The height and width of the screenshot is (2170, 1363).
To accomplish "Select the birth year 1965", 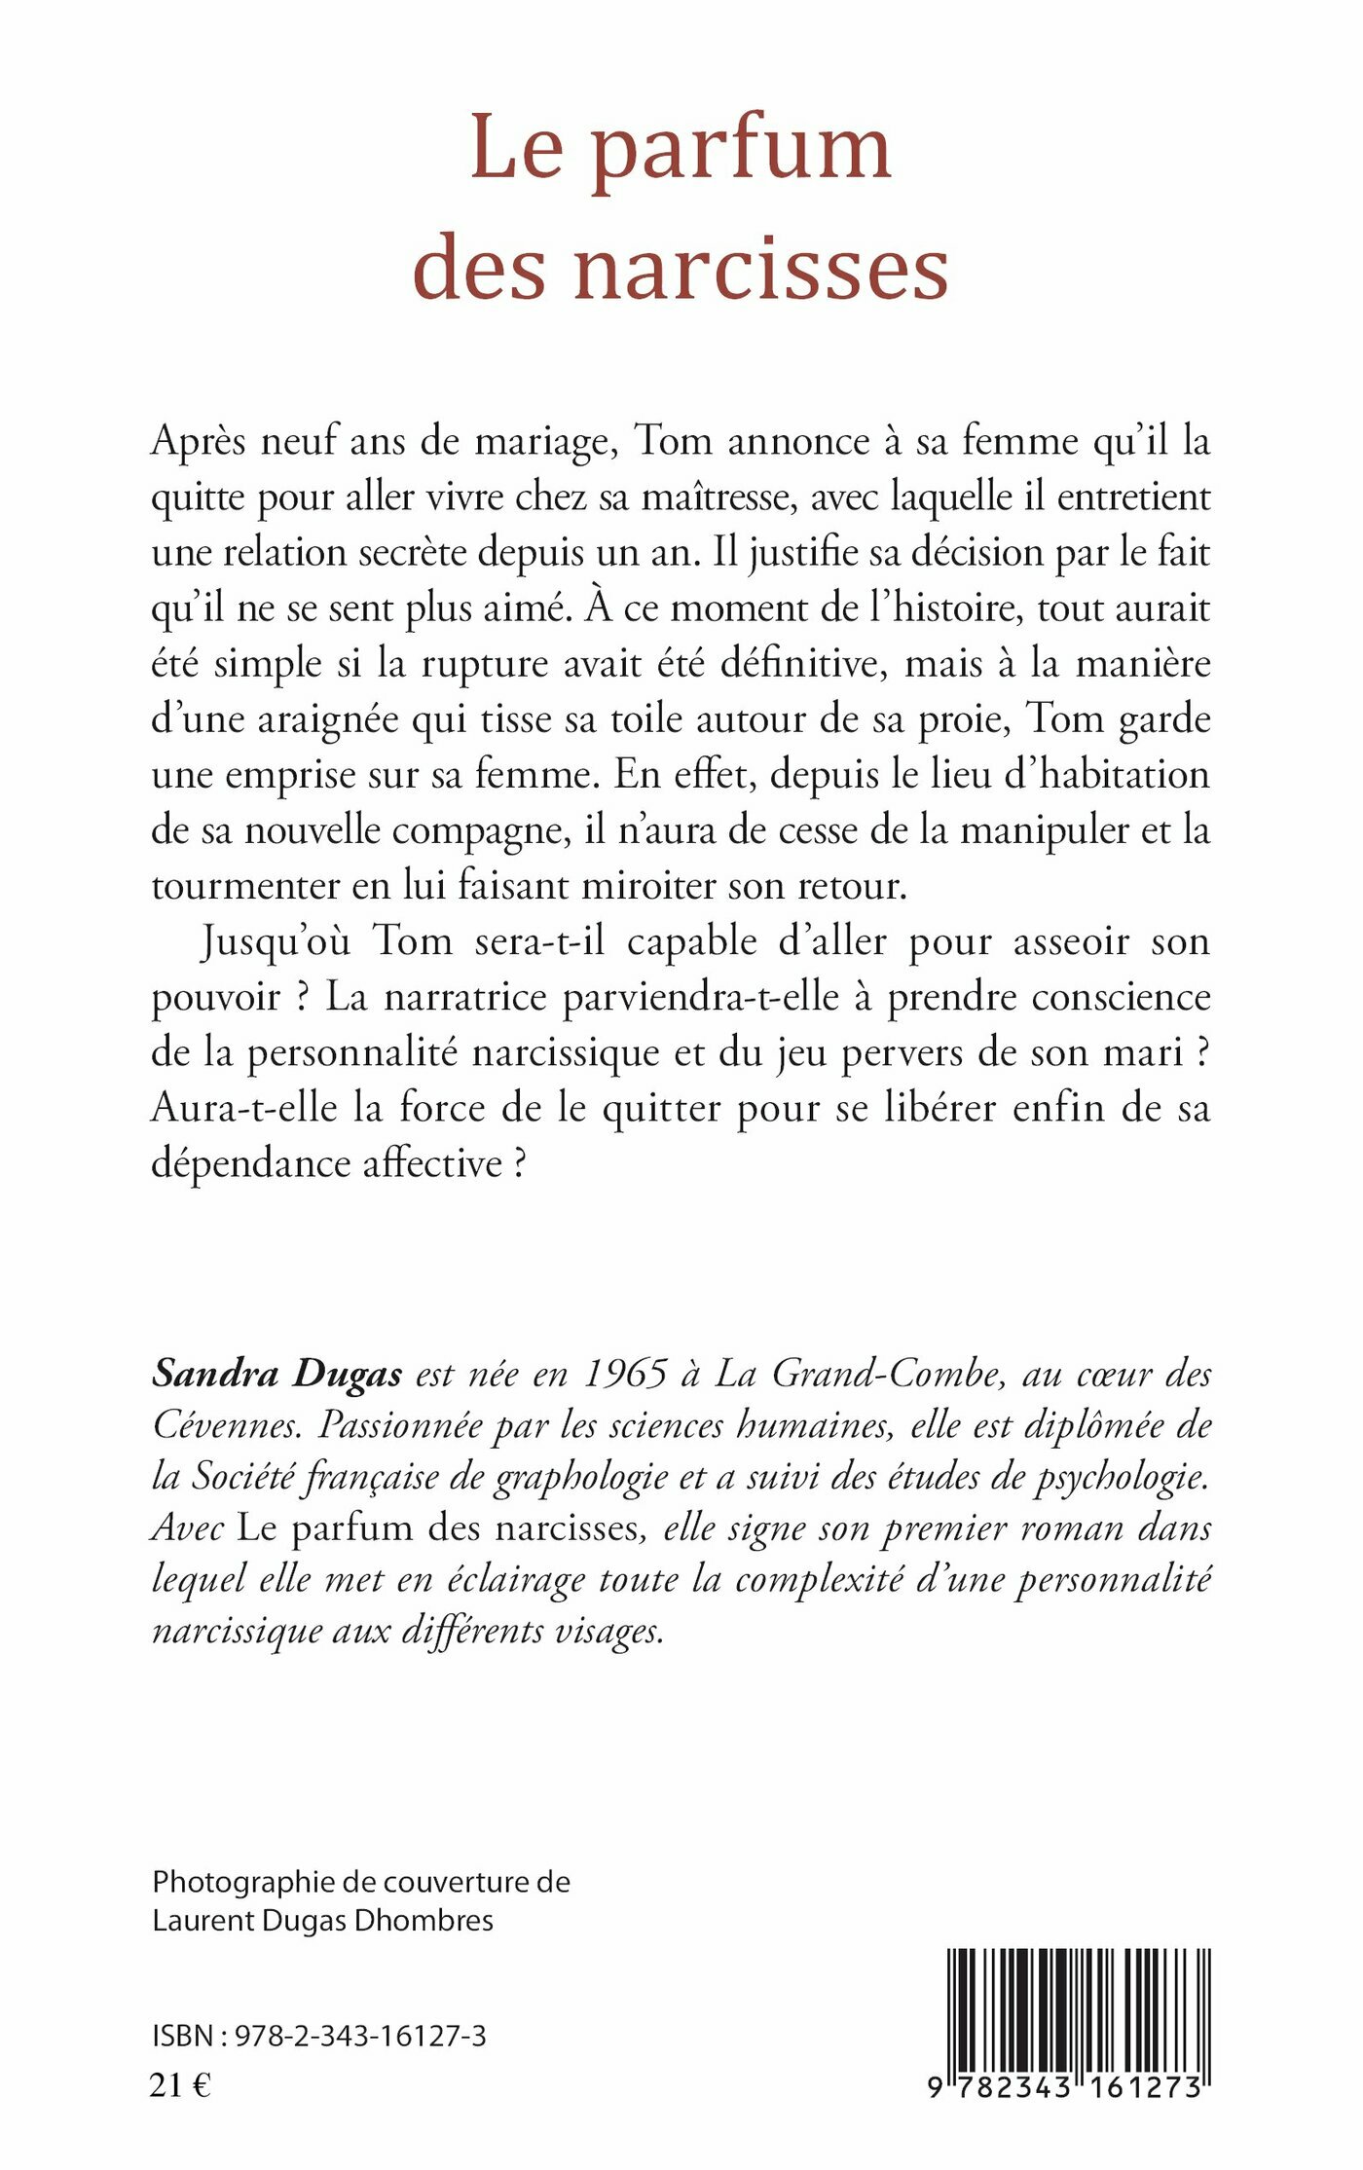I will click(624, 1374).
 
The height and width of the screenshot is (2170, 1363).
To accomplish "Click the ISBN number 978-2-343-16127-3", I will click(360, 2037).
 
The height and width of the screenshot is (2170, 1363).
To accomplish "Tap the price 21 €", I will click(180, 2085).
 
